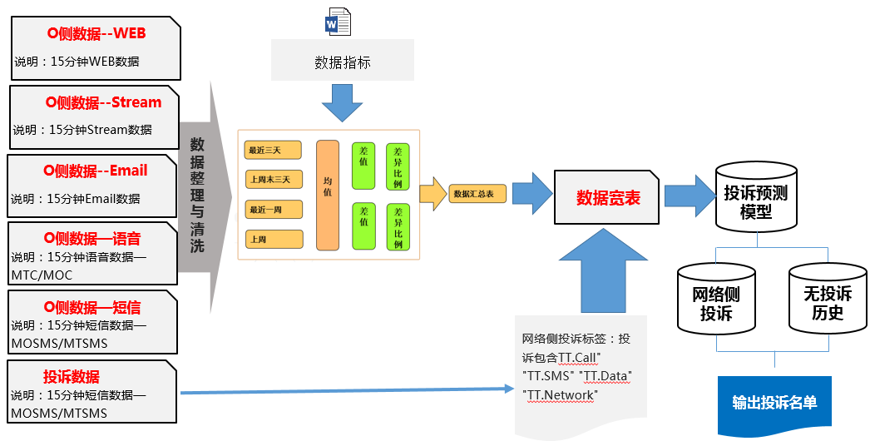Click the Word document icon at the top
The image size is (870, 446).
pyautogui.click(x=338, y=21)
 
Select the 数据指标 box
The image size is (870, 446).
pyautogui.click(x=343, y=62)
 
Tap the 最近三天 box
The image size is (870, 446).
pyautogui.click(x=273, y=151)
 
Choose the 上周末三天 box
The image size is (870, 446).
pyautogui.click(x=273, y=180)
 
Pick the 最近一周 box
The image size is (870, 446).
pyautogui.click(x=273, y=210)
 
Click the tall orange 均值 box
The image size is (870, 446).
pyautogui.click(x=328, y=195)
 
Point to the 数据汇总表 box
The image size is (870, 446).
pyautogui.click(x=477, y=194)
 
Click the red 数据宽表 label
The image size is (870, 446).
pyautogui.click(x=608, y=197)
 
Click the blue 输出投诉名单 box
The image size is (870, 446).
pyautogui.click(x=774, y=403)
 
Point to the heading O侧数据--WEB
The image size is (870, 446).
pyautogui.click(x=96, y=34)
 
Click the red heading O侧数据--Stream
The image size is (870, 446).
pyautogui.click(x=103, y=102)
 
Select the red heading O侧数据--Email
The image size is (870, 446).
pyautogui.click(x=95, y=171)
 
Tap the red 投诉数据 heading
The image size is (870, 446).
pyautogui.click(x=72, y=375)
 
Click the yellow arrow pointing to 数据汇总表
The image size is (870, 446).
pyautogui.click(x=432, y=194)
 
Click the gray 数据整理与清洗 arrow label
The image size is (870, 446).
pyautogui.click(x=197, y=195)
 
